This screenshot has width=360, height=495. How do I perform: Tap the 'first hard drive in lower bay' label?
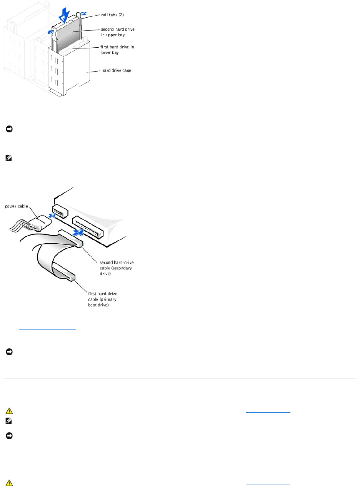[x=117, y=49]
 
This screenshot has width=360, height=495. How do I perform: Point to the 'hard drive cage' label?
[x=116, y=70]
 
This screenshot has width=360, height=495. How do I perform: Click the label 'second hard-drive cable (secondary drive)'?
[x=117, y=268]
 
